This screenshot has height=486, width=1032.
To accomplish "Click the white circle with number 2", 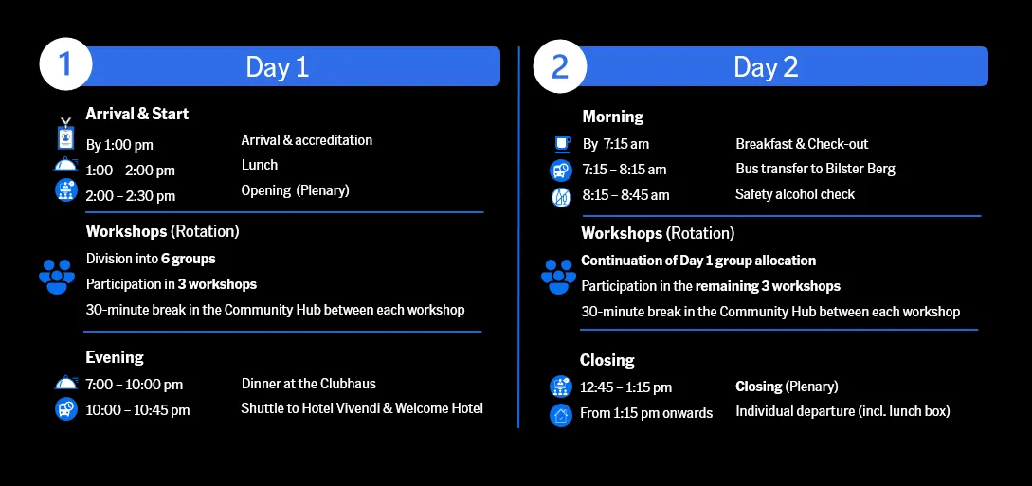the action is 559,66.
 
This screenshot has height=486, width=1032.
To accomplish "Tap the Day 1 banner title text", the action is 277,67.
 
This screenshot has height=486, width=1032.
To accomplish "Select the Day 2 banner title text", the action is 766,67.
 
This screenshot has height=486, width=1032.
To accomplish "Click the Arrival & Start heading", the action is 136,114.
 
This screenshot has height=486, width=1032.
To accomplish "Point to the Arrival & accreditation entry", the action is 307,140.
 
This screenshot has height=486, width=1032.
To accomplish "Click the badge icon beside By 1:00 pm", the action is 65,134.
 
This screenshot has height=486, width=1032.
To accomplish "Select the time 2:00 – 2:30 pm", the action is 131,196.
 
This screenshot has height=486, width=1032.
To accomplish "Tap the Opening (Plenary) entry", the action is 295,190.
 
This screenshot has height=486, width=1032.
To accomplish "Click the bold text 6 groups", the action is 189,259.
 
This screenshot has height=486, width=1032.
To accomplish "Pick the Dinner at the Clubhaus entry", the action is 309,384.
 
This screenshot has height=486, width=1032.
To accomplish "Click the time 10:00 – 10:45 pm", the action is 137,410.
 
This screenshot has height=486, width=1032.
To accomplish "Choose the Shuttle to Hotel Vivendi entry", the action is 362,408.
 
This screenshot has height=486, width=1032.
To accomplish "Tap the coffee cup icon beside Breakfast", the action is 562,143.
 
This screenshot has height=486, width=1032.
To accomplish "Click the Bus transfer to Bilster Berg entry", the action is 816,169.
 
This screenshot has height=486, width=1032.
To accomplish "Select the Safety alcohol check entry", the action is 795,194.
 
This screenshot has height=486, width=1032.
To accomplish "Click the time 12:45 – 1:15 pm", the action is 625,387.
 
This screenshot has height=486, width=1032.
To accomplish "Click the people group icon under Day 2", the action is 558,277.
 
